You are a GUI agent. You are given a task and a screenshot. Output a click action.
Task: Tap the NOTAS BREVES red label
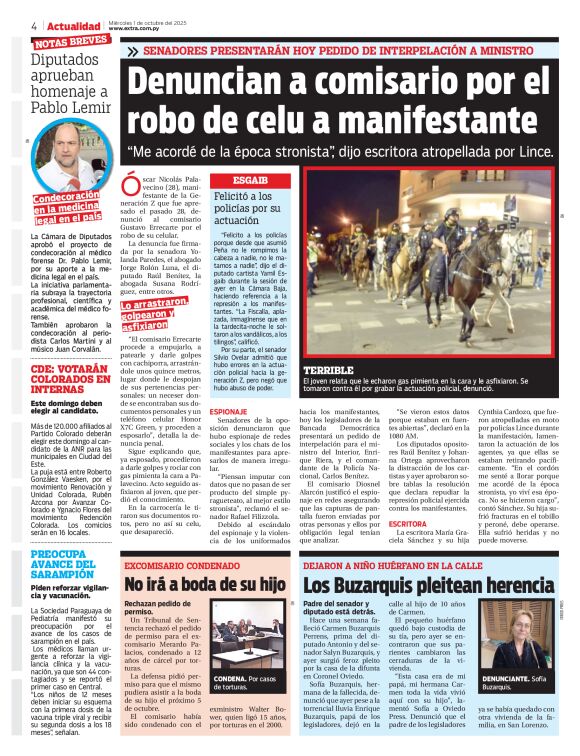(x=70, y=43)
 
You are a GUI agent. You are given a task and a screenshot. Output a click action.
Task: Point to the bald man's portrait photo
(x=67, y=154)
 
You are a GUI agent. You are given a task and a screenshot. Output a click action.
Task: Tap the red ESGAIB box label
(x=250, y=180)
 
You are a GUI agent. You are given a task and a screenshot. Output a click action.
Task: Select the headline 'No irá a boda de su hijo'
(x=204, y=584)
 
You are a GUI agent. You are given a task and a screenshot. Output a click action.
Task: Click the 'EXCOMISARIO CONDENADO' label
(x=176, y=565)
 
